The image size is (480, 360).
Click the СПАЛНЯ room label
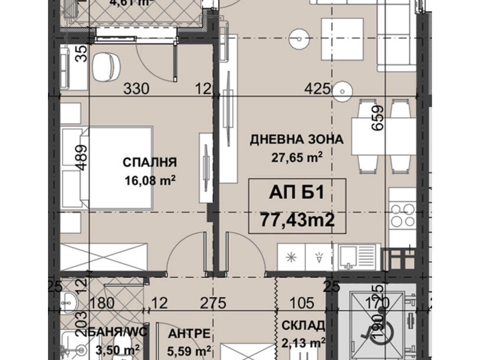pos(150,163)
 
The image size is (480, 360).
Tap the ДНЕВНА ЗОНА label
pos(296,140)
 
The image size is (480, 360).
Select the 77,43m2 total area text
pos(297,220)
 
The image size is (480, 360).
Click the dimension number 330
pos(136,89)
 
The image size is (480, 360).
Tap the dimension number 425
pos(317,89)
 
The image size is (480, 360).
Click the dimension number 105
pos(302,303)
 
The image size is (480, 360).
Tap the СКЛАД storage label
pos(303,326)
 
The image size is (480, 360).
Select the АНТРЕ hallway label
pos(189,334)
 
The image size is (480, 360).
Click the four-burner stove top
pos(402,215)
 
